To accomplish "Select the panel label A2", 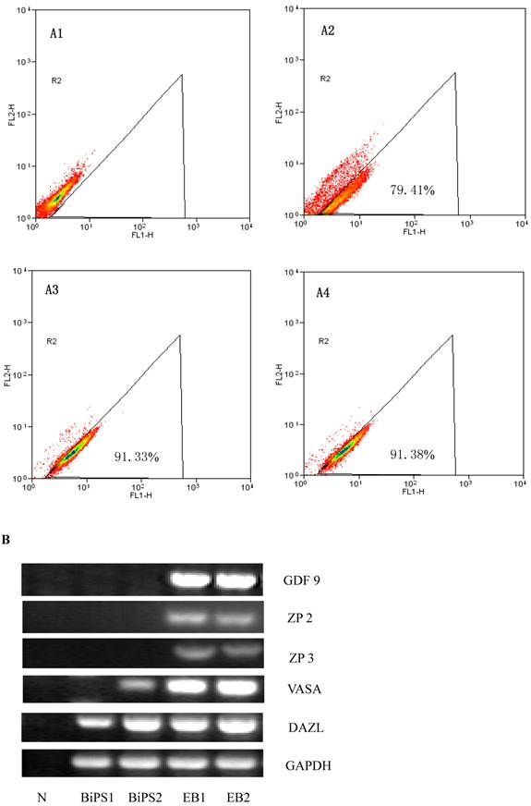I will (327, 31).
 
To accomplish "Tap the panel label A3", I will (55, 289).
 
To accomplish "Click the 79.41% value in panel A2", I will (411, 189).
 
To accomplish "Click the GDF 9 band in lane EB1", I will (189, 580).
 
